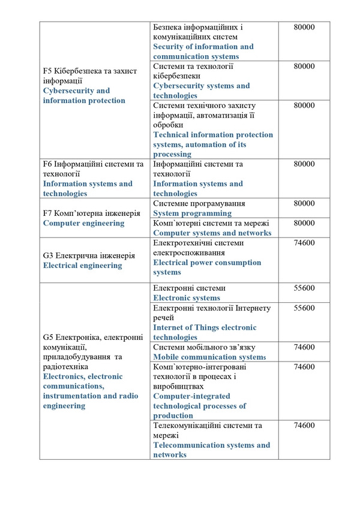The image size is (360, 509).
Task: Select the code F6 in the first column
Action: pyautogui.click(x=48, y=164)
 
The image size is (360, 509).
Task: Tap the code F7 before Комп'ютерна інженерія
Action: pyautogui.click(x=48, y=213)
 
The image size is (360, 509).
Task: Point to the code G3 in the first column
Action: pyautogui.click(x=49, y=255)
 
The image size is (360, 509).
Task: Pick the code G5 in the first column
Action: pyautogui.click(x=49, y=338)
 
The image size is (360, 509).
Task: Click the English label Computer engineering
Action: pyautogui.click(x=83, y=223)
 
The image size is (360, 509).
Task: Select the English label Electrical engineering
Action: pyautogui.click(x=82, y=265)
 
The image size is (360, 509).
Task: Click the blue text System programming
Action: pyautogui.click(x=192, y=213)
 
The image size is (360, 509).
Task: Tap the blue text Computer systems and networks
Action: pyautogui.click(x=212, y=233)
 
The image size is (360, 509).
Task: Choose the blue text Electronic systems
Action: pyautogui.click(x=186, y=298)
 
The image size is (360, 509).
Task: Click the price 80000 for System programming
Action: pyautogui.click(x=304, y=204)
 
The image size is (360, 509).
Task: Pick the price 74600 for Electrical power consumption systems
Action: pyautogui.click(x=304, y=243)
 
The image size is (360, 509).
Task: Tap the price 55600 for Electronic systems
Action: pyautogui.click(x=304, y=288)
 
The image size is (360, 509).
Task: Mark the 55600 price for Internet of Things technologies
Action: pyautogui.click(x=304, y=308)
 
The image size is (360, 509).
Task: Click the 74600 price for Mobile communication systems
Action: pyautogui.click(x=304, y=347)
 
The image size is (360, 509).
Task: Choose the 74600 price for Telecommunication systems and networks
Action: pyautogui.click(x=304, y=426)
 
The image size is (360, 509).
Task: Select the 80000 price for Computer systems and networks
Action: pyautogui.click(x=304, y=223)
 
